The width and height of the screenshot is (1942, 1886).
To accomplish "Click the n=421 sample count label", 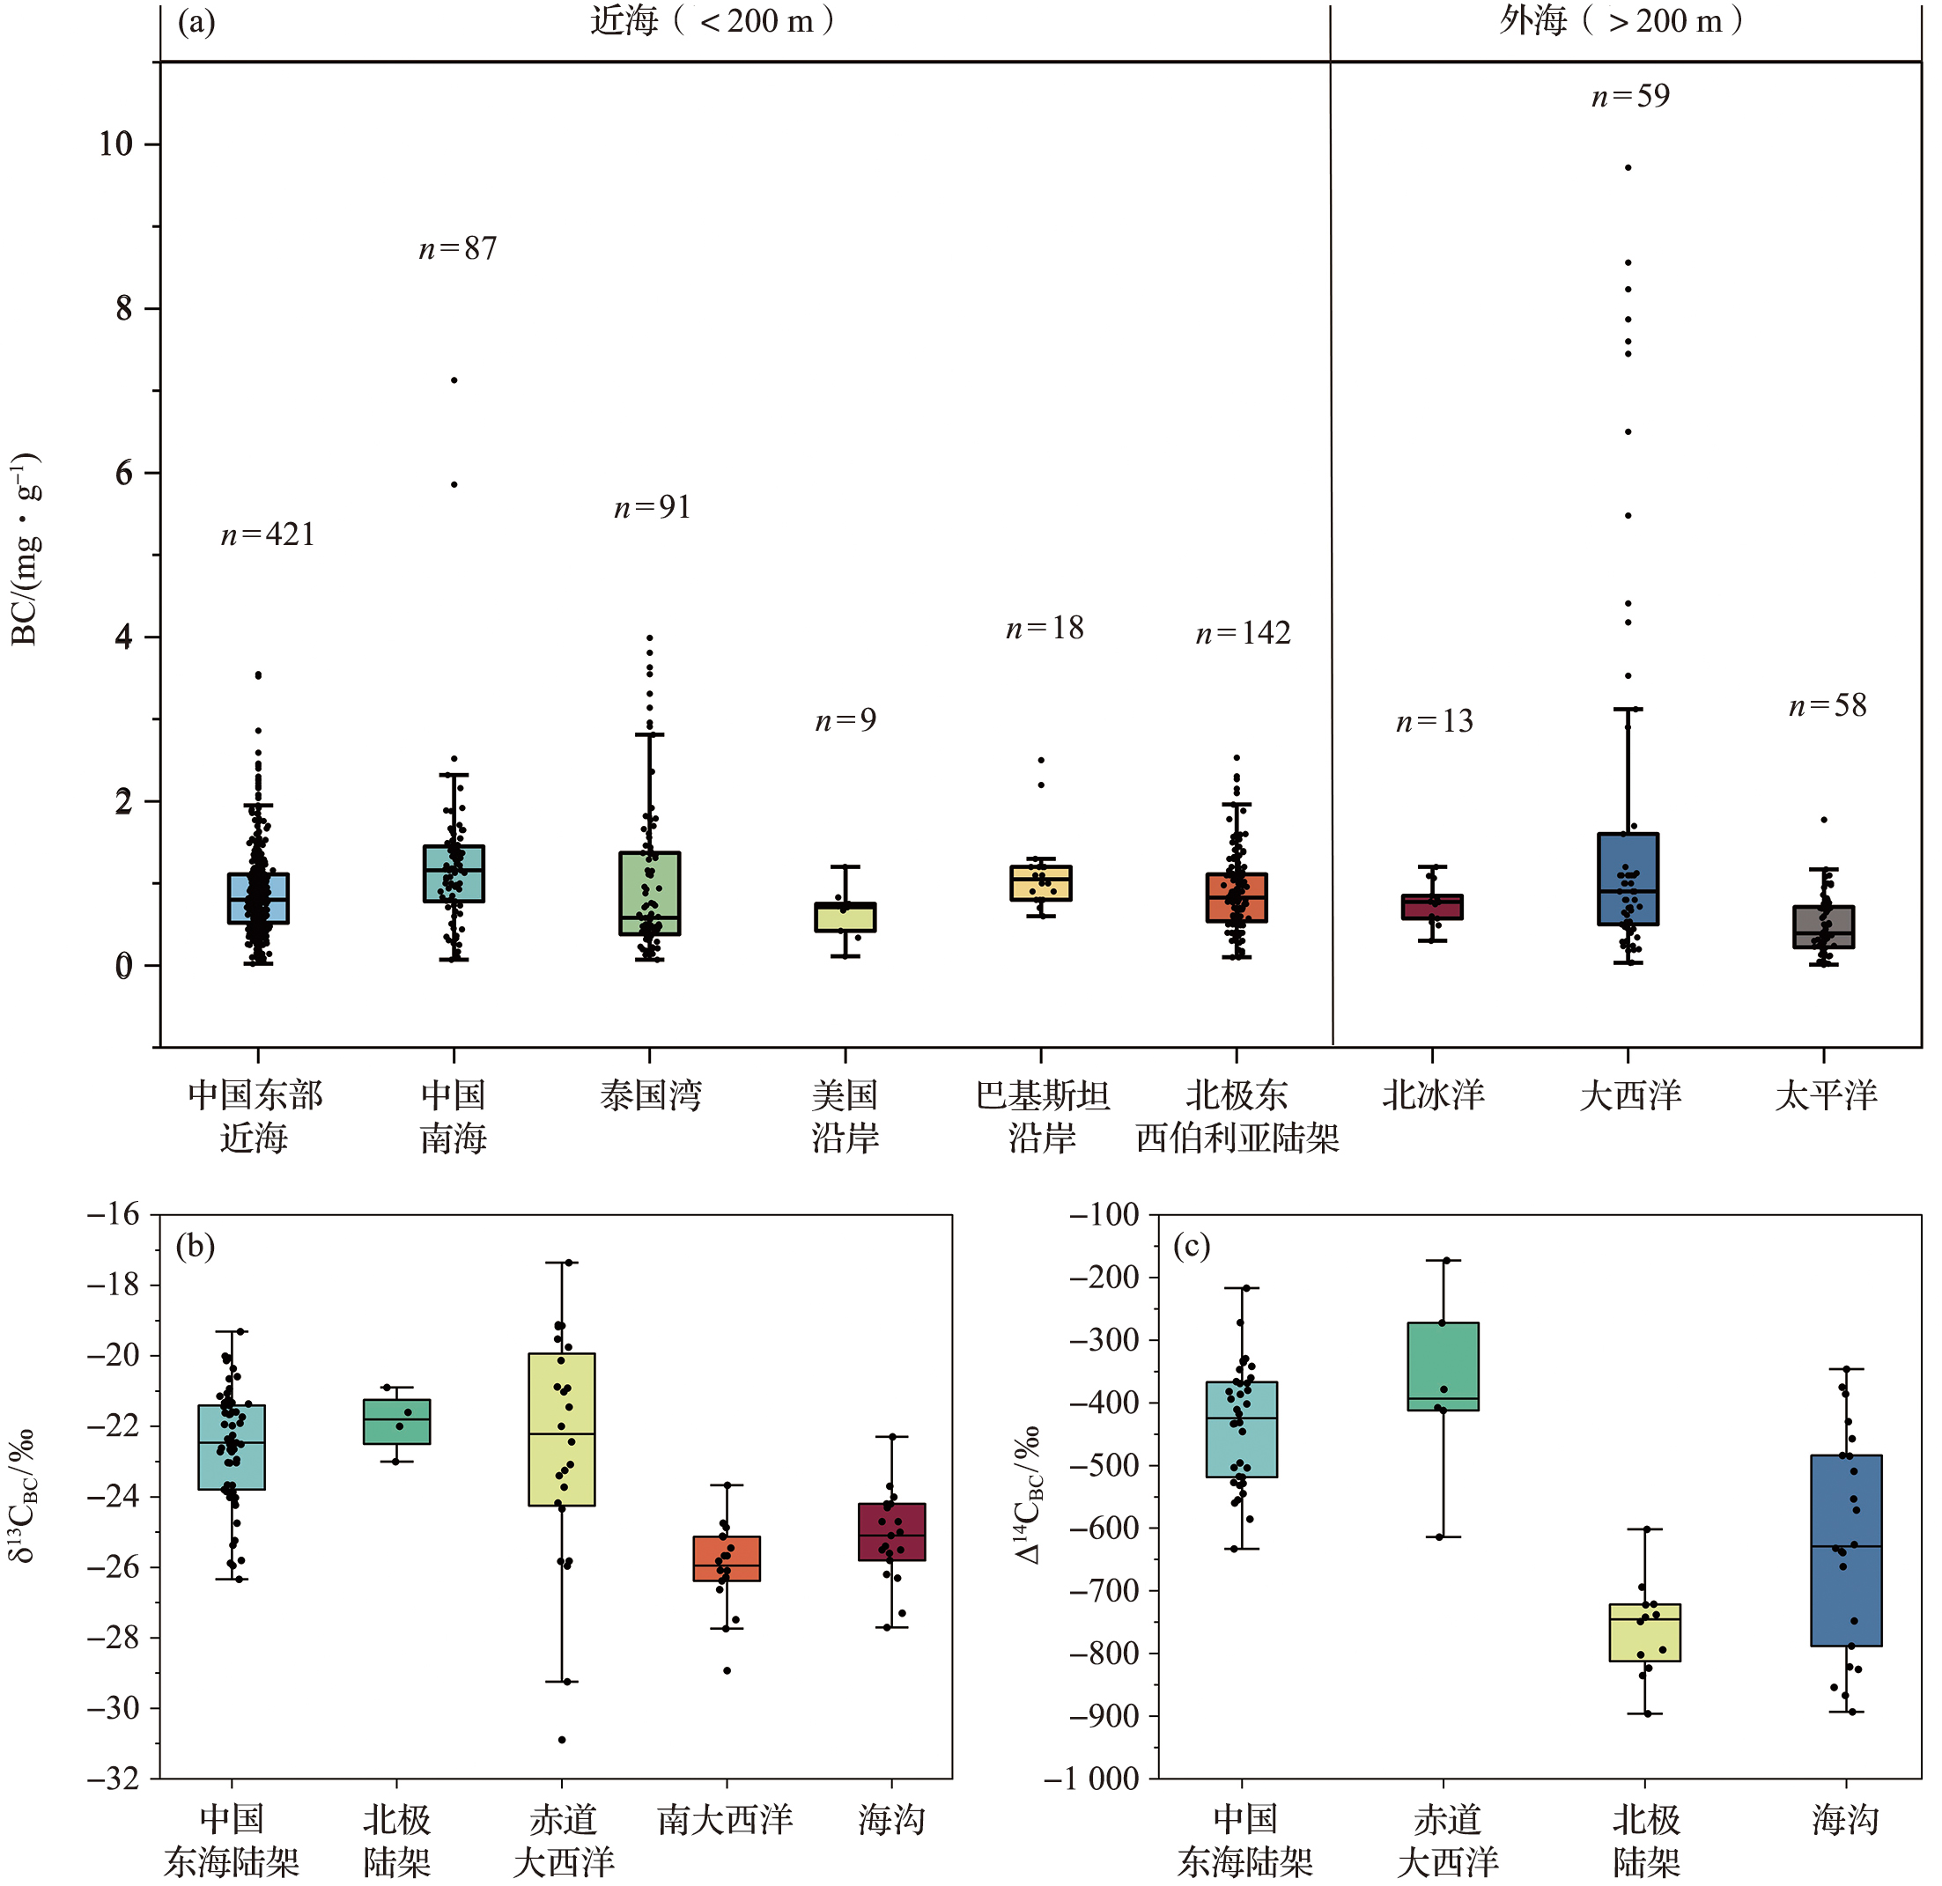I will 268,535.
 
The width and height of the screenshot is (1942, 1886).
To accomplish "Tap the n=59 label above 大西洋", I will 1630,96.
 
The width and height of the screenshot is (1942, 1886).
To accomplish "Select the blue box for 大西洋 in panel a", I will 1628,879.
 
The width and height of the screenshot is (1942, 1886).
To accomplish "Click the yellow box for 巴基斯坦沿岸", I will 1040,882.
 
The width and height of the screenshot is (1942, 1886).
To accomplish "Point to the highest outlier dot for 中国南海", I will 454,380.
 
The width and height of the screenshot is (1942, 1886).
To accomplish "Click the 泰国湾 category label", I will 650,1095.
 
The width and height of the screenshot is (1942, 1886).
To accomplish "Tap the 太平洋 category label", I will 1825,1095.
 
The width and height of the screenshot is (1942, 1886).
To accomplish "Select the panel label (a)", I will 196,22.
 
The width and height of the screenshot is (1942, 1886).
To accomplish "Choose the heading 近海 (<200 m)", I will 712,21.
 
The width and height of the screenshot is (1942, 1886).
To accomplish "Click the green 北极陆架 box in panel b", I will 396,1421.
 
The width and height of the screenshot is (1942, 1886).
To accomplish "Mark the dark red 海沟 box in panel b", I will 891,1531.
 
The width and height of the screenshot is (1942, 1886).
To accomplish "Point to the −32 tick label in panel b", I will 113,1779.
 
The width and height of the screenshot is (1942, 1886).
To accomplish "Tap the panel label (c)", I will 1191,1246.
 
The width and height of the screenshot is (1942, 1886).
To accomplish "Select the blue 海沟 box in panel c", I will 1846,1551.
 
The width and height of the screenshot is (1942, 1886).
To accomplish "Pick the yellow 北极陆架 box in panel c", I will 1645,1632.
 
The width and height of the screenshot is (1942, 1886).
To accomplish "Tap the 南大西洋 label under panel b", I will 726,1820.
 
